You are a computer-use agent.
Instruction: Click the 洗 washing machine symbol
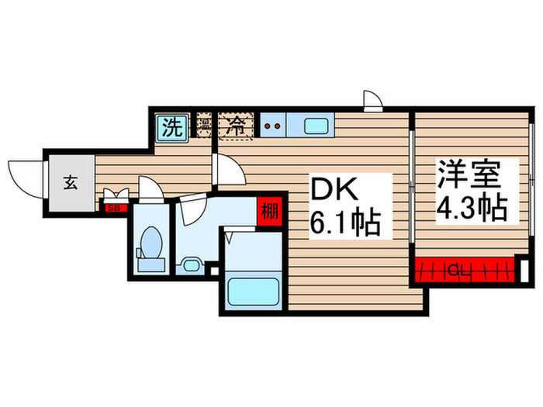pos(171,127)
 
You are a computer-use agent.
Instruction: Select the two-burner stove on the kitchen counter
pos(271,125)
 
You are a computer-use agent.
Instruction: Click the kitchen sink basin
pos(315,126)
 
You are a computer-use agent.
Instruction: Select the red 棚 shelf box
pos(269,211)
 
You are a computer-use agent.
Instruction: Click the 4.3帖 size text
pos(470,208)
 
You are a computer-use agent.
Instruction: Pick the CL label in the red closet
pos(458,271)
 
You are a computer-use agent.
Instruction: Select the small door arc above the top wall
pos(373,102)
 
